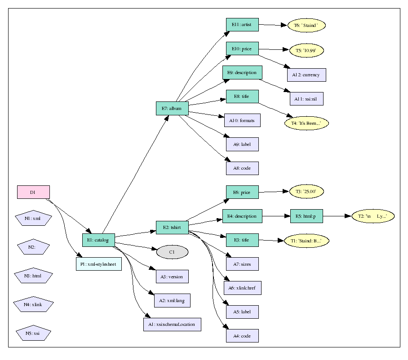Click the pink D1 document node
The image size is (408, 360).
point(33,192)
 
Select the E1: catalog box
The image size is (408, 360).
point(98,240)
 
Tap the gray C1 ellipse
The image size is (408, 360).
point(172,252)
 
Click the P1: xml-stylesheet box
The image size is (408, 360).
point(98,264)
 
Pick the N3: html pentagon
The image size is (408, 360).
point(33,276)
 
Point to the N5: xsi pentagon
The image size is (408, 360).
point(33,334)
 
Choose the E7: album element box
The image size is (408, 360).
point(172,108)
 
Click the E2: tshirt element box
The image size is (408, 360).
point(172,228)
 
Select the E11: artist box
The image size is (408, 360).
point(242,24)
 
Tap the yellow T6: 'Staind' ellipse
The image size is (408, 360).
point(306,26)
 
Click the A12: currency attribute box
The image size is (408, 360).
point(306,75)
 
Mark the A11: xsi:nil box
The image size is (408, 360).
point(306,99)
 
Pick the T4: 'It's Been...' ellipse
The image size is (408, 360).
point(306,123)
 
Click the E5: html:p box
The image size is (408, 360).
point(306,216)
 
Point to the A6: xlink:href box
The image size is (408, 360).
point(242,288)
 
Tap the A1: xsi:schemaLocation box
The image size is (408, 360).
point(172,324)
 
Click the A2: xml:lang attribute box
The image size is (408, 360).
point(172,301)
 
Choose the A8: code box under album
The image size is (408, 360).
point(242,168)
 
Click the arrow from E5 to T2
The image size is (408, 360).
point(337,216)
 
